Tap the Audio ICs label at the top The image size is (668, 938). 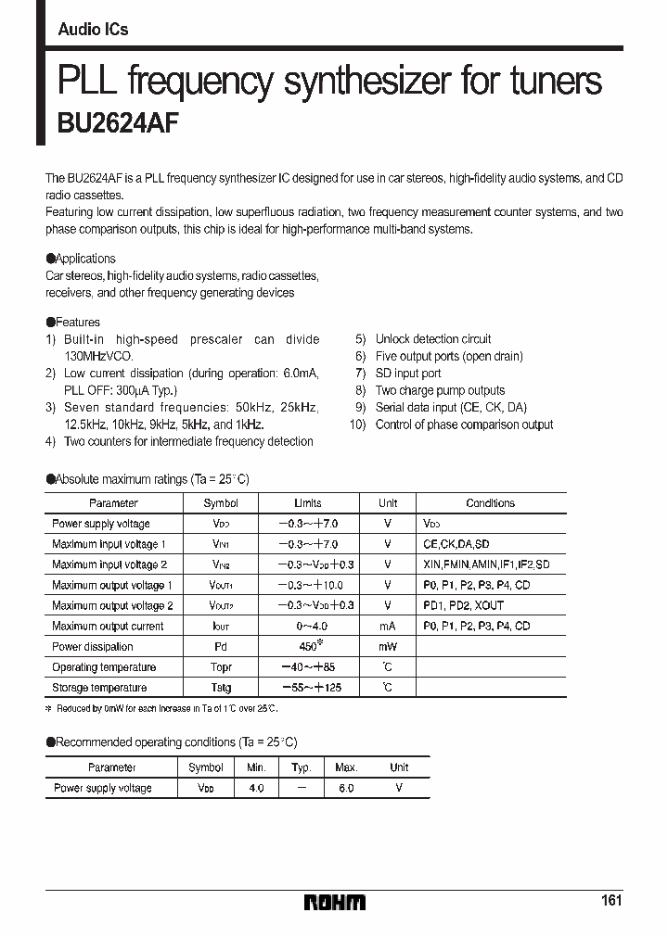(93, 30)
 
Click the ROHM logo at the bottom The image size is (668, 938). (335, 902)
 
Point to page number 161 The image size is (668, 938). (610, 900)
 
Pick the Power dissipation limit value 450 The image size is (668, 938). (307, 646)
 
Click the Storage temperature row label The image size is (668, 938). (99, 688)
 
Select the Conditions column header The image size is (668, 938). (490, 503)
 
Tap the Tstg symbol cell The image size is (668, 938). (221, 688)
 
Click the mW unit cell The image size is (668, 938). (388, 647)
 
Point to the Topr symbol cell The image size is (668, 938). (221, 667)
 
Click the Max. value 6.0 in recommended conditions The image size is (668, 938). (346, 788)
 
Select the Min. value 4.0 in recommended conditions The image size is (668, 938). (256, 788)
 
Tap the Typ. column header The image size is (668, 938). (301, 767)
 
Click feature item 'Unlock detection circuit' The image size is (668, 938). (433, 339)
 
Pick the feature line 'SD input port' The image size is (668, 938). (408, 374)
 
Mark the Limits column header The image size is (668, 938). (308, 503)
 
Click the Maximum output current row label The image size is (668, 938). (108, 627)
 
